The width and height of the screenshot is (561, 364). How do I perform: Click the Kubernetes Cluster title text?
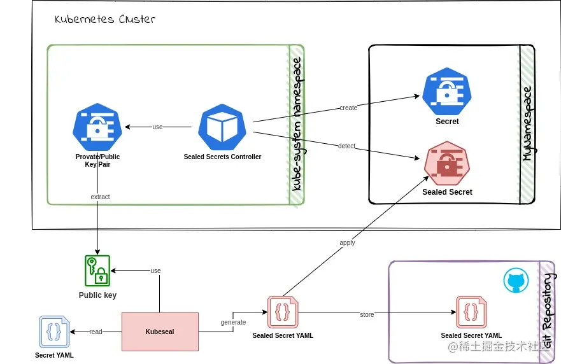click(x=104, y=19)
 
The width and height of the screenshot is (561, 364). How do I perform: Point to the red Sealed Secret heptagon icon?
click(x=447, y=164)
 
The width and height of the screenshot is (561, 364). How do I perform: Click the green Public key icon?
click(x=97, y=271)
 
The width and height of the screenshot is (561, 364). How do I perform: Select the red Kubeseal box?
click(x=160, y=332)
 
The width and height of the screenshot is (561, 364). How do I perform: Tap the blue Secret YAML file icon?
click(x=53, y=332)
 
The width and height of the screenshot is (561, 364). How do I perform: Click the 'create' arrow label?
click(x=348, y=108)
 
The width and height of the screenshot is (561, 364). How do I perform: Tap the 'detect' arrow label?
click(x=346, y=146)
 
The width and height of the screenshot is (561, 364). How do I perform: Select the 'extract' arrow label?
click(x=100, y=197)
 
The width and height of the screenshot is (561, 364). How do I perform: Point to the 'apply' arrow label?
click(x=347, y=242)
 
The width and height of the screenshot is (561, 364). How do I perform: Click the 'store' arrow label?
click(x=367, y=314)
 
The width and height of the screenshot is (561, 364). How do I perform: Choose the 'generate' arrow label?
click(x=233, y=322)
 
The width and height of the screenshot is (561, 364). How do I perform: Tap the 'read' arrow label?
click(x=96, y=332)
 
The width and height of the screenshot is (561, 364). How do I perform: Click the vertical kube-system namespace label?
click(x=297, y=125)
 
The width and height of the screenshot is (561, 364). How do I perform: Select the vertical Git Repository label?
click(x=547, y=312)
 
